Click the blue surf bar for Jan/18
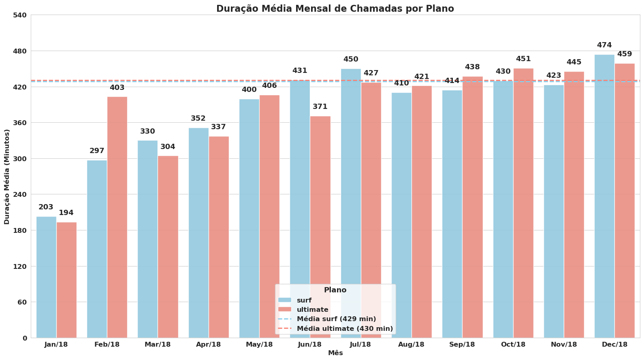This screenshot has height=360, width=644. [x=46, y=277]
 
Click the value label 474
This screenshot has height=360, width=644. [x=604, y=45]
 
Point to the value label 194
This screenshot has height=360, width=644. [x=66, y=213]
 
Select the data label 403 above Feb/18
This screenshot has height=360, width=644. [x=117, y=88]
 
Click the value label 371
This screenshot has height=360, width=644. [x=320, y=107]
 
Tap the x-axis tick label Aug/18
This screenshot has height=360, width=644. [x=411, y=345]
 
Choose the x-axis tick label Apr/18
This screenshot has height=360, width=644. [x=208, y=345]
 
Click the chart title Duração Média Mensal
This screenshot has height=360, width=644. [x=335, y=9]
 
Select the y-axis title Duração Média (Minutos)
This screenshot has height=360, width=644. [x=7, y=177]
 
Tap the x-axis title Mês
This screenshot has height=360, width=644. [x=335, y=353]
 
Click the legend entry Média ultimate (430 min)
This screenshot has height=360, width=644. [x=345, y=329]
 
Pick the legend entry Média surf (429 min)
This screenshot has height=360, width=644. [x=336, y=319]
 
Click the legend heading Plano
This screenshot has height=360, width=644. [x=335, y=290]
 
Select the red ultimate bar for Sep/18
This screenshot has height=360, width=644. [x=472, y=207]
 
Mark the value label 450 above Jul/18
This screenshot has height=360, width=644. [x=351, y=60]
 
